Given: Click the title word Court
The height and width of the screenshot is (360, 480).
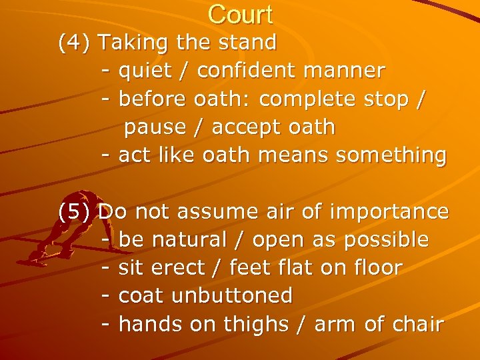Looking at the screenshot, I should pyautogui.click(x=240, y=14).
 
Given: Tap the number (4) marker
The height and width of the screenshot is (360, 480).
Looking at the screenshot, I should pyautogui.click(x=75, y=43).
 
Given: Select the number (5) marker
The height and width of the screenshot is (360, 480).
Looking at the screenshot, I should pyautogui.click(x=75, y=212).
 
